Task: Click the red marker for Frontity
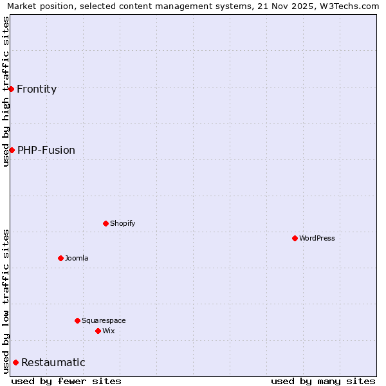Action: pos(12,89)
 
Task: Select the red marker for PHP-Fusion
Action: pos(12,150)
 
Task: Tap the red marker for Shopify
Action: pos(106,223)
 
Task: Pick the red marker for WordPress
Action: pos(295,238)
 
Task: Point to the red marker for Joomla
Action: pos(60,258)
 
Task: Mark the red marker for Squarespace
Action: pos(77,320)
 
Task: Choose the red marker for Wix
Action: pos(98,331)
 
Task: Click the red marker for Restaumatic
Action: pos(15,362)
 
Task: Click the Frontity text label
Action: pos(37,89)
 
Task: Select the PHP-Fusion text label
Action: pos(46,151)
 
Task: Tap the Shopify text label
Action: pos(122,224)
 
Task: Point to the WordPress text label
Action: pos(317,239)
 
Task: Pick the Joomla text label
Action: pos(77,259)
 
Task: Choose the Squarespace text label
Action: pos(104,321)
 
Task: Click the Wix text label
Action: pos(108,331)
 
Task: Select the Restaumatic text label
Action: pos(53,363)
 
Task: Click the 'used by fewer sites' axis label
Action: pos(66,381)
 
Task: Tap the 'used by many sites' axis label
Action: pos(323,381)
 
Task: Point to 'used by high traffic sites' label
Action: pos(6,91)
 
